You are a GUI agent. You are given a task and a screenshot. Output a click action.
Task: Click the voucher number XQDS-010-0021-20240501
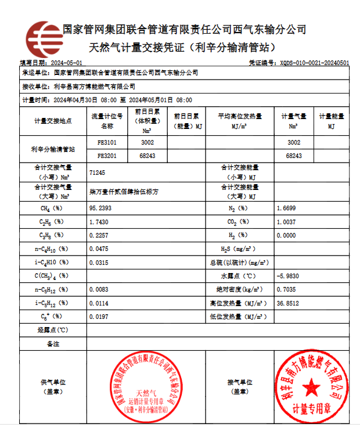(314, 63)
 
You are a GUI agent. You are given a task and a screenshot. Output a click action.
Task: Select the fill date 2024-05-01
(66, 63)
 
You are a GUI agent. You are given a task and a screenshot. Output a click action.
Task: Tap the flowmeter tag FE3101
(107, 142)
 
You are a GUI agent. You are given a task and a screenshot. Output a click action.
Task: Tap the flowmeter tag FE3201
(107, 156)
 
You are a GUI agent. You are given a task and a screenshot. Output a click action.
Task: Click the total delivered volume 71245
(98, 173)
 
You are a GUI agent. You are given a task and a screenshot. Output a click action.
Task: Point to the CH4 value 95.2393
(100, 207)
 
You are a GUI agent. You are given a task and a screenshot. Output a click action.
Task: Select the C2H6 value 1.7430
(99, 222)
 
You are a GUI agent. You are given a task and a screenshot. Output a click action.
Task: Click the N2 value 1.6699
(287, 207)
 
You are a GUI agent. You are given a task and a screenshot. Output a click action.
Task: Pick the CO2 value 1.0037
(287, 222)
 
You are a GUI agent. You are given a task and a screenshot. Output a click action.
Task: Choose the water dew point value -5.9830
(289, 275)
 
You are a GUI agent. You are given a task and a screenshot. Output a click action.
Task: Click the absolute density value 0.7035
(287, 289)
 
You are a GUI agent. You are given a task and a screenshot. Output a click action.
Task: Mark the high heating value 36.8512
(289, 303)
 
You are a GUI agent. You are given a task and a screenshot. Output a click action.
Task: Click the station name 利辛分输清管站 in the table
(53, 149)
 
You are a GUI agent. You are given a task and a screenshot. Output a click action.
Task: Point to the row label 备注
(53, 344)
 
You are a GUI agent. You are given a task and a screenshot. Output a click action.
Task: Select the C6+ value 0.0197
(99, 317)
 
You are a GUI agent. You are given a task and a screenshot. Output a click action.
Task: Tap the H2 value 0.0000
(287, 235)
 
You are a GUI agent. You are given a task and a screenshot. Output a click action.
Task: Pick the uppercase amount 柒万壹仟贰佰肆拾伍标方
(124, 191)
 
